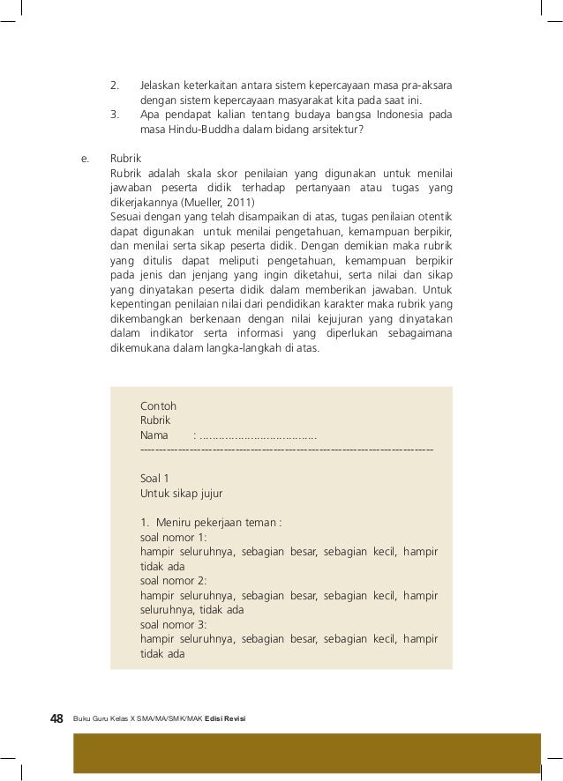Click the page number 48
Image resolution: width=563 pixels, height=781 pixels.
(x=56, y=719)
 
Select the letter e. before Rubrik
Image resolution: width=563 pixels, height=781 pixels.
(x=85, y=160)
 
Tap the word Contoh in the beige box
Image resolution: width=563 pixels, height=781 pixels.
(x=158, y=406)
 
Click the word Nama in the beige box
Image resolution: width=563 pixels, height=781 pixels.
(x=154, y=435)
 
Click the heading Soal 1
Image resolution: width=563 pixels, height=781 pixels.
(x=154, y=479)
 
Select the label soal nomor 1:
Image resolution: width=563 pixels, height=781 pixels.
(x=173, y=537)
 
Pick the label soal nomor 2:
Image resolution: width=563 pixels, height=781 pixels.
(x=173, y=581)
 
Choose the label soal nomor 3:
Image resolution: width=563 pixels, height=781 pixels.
(x=173, y=624)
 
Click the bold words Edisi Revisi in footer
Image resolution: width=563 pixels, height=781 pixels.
(x=225, y=720)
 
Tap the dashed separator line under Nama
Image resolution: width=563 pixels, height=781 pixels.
(x=287, y=450)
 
